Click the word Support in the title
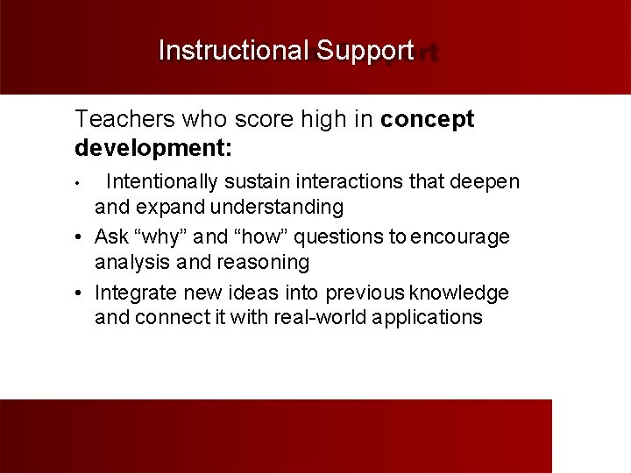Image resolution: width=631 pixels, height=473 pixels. pos(365,51)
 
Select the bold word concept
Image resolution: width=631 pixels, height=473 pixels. pos(428,120)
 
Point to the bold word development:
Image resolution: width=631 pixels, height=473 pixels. pos(153,146)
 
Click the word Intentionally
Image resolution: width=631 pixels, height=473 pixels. pos(164,182)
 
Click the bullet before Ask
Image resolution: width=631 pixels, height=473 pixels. pos(80,237)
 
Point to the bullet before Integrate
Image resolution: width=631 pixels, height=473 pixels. pos(80,292)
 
